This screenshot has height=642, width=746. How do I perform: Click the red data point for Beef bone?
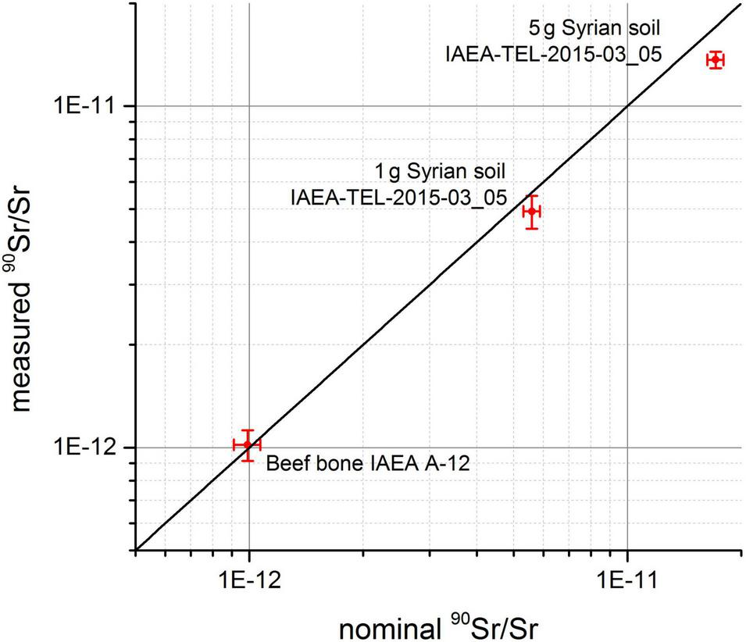click(248, 445)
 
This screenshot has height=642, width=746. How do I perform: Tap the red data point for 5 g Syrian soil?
click(714, 59)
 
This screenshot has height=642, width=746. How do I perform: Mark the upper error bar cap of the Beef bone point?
click(248, 430)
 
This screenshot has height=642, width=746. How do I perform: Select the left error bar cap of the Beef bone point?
click(234, 445)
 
